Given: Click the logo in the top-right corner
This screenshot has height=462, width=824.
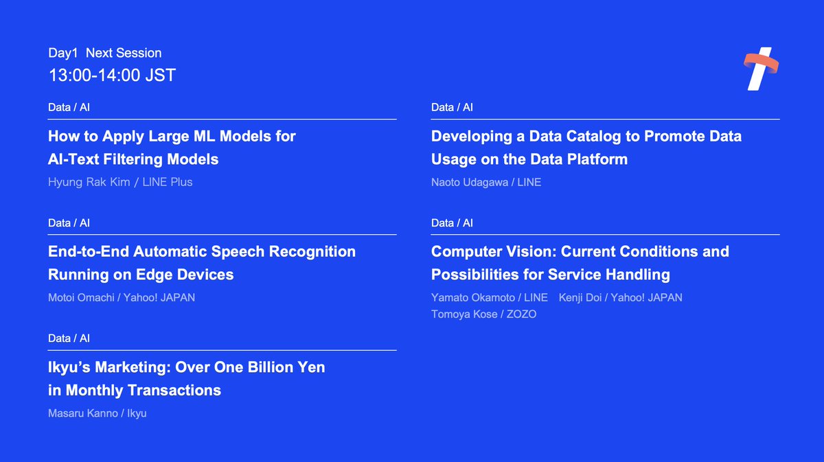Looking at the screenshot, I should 760,69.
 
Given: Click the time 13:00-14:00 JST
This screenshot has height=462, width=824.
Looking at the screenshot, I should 112,75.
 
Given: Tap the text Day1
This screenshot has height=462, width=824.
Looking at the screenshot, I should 63,53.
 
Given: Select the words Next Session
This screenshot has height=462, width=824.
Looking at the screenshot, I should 124,53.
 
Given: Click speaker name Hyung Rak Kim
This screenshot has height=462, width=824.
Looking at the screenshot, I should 89,182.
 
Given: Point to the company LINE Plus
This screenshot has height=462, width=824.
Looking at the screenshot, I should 168,182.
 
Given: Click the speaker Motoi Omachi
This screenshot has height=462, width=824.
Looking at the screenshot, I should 81,297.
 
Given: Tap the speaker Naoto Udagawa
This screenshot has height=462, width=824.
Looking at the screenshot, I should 470,182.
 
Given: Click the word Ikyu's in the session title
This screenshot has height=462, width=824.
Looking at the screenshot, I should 69,367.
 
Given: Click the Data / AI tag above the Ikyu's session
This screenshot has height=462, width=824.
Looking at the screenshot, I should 69,338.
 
